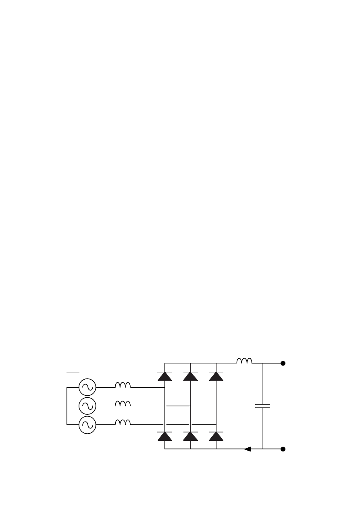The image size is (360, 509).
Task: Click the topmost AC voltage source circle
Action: (x=87, y=387)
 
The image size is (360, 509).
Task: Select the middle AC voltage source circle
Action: (x=87, y=406)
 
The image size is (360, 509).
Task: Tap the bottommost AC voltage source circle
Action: (x=87, y=425)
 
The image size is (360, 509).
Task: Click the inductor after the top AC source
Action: (x=123, y=385)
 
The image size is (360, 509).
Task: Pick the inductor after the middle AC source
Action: (x=123, y=404)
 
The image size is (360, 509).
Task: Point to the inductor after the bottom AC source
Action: (x=123, y=423)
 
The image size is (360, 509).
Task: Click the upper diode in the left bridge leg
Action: (x=164, y=376)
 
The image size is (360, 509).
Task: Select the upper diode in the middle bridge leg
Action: (x=190, y=376)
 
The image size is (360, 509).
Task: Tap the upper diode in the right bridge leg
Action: (x=216, y=376)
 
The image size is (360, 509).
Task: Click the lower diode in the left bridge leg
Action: (x=164, y=436)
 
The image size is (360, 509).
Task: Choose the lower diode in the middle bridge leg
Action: (x=190, y=436)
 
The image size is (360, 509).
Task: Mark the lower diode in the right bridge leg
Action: (x=216, y=436)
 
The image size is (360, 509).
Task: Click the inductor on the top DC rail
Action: (x=244, y=361)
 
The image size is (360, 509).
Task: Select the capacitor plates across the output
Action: (x=262, y=406)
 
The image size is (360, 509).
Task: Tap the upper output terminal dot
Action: (x=283, y=363)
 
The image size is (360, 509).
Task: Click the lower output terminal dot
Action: (x=283, y=449)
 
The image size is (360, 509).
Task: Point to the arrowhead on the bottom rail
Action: (x=248, y=449)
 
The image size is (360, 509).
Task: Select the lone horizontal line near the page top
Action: (x=117, y=69)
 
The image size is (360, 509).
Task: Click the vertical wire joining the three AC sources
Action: (x=67, y=406)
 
